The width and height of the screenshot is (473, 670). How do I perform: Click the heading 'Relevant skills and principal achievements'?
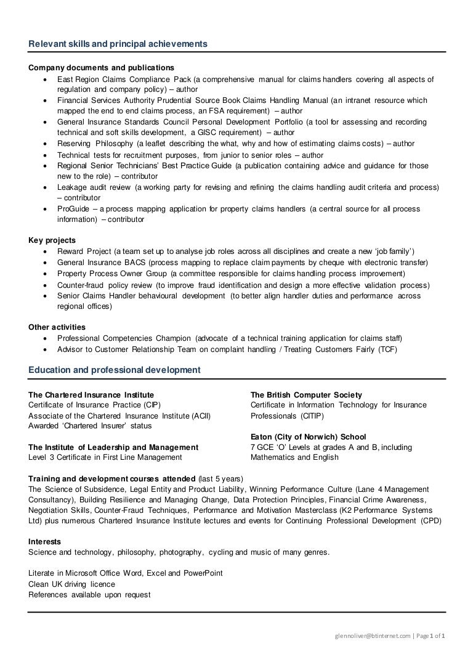tap(118, 44)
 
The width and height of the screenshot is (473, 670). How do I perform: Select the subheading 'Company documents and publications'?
tap(101, 67)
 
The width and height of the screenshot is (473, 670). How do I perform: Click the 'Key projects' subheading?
tap(52, 240)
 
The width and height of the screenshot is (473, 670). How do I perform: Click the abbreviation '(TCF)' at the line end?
tap(387, 349)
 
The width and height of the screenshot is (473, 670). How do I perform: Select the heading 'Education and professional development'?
tap(114, 370)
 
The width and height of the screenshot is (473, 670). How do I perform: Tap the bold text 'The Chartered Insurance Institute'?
tap(91, 394)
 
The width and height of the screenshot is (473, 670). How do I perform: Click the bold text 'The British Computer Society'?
tap(306, 394)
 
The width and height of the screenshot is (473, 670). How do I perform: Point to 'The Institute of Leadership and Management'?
tap(113, 447)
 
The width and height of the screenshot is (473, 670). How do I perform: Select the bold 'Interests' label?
tap(45, 541)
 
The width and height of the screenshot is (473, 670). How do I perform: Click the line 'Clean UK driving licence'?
tap(71, 584)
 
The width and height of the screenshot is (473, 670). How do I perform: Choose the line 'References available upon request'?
tap(89, 595)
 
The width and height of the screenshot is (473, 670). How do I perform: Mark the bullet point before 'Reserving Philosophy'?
tap(46, 144)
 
